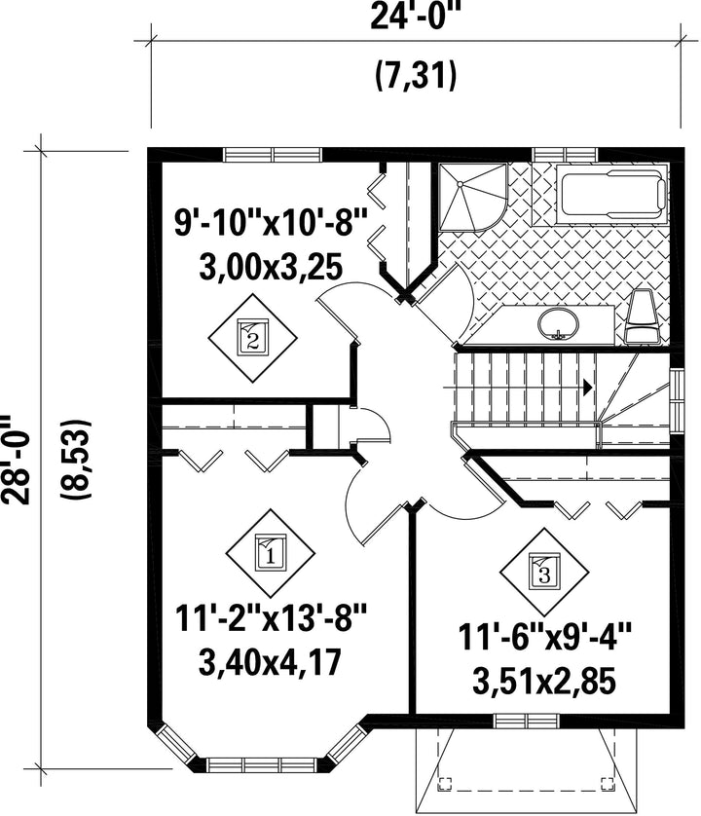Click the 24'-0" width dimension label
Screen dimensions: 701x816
pyautogui.click(x=416, y=18)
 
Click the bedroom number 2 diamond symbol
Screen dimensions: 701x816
pyautogui.click(x=253, y=338)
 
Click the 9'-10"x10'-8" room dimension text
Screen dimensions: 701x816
pyautogui.click(x=272, y=223)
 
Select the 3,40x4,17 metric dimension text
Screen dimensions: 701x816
pyautogui.click(x=271, y=661)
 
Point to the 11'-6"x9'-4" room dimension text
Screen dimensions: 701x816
pyautogui.click(x=545, y=637)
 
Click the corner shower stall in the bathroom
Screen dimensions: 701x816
pyautogui.click(x=472, y=197)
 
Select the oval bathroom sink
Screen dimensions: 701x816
pyautogui.click(x=558, y=323)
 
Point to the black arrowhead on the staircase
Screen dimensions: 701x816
pyautogui.click(x=588, y=388)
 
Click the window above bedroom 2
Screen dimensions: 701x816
pyautogui.click(x=273, y=155)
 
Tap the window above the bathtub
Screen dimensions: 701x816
pyautogui.click(x=565, y=155)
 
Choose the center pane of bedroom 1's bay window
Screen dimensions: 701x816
pyautogui.click(x=262, y=765)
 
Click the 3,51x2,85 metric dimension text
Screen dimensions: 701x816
pyautogui.click(x=544, y=682)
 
